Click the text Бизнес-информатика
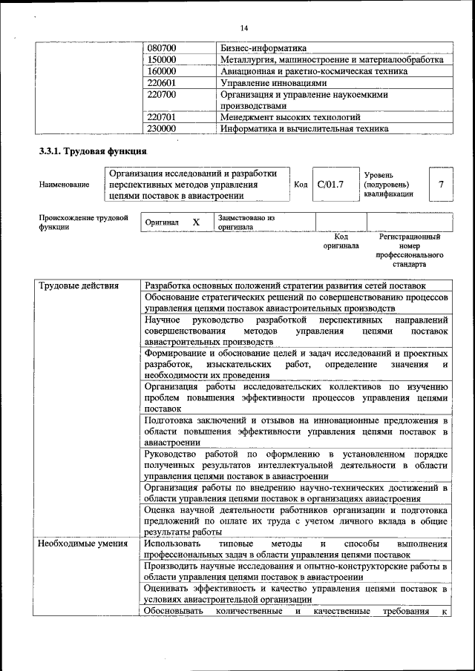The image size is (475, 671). [263, 48]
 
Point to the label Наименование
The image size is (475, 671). [65, 185]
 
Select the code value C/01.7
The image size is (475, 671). [330, 184]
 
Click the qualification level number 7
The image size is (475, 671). [442, 184]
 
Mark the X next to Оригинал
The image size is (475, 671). [196, 222]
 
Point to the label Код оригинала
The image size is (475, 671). [341, 241]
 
